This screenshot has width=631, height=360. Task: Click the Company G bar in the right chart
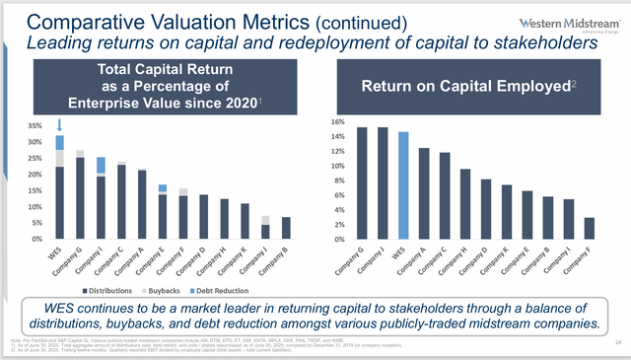(362, 182)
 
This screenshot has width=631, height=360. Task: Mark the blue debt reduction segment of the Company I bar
(101, 165)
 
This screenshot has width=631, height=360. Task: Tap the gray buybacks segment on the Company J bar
(238, 220)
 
